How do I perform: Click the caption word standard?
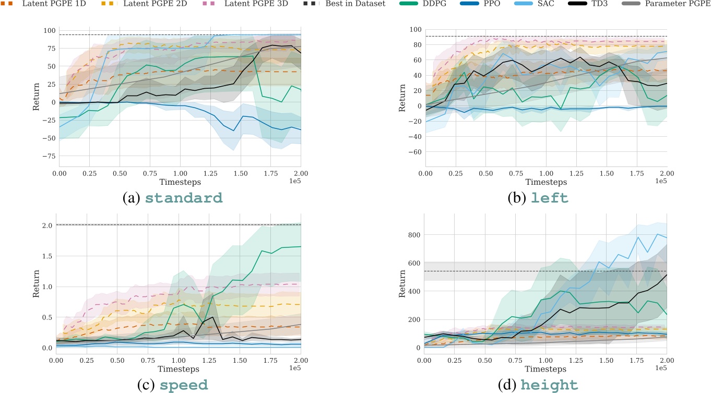coord(184,198)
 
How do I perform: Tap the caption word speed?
coord(183,385)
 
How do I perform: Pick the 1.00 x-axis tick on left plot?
coord(546,172)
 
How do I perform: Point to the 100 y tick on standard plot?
coord(45,31)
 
